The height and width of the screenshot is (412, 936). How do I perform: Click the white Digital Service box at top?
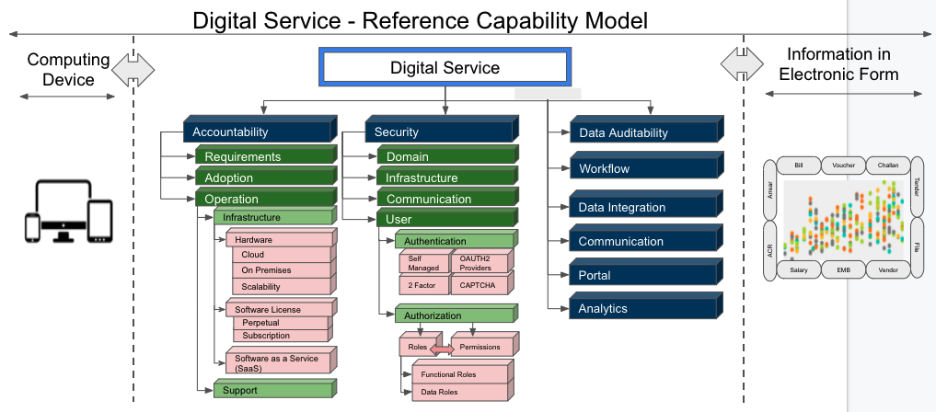coord(444,68)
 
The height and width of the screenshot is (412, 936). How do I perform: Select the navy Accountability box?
coord(257,132)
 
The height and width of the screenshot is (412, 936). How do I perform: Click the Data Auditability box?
coord(641,133)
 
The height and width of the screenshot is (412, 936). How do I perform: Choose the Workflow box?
coord(641,169)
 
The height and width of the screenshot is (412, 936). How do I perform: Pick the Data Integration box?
coord(641,208)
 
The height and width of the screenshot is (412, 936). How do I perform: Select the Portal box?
coord(641,275)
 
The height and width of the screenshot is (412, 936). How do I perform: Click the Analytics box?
coord(641,309)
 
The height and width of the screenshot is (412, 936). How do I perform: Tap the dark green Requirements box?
coord(262,157)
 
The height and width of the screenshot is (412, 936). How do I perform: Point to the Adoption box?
coord(262,178)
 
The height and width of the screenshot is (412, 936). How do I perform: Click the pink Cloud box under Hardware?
coord(281,255)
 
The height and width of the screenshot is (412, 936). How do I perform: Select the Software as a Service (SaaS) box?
coord(276,362)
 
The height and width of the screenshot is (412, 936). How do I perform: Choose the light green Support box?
coord(272,390)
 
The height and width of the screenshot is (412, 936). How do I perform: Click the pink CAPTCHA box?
coord(480,285)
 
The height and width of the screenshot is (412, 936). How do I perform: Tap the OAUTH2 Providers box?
coord(480,263)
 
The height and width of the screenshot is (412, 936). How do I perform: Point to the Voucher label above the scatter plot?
coord(843,166)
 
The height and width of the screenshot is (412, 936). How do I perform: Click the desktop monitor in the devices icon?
coord(63,208)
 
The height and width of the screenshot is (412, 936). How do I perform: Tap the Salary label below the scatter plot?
coord(799,270)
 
